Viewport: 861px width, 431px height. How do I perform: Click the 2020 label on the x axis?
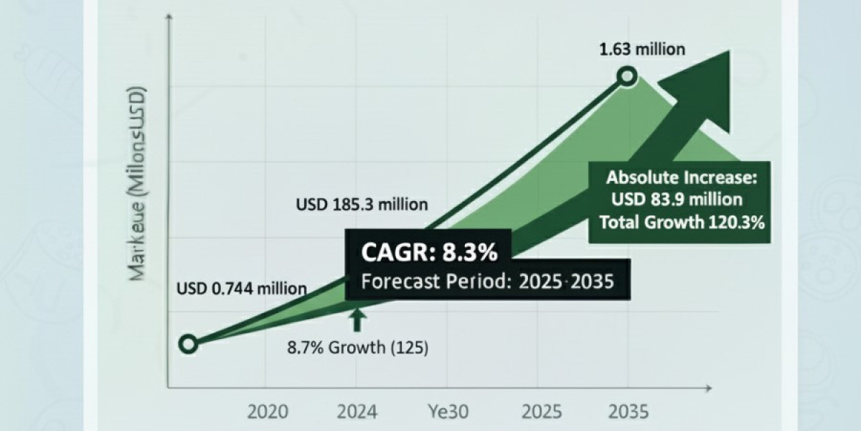point(268,412)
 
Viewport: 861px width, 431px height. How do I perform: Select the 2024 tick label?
point(357,412)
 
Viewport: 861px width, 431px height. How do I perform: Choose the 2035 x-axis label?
point(629,412)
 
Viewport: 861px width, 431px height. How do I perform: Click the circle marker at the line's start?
point(188,344)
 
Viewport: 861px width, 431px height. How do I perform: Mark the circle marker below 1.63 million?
point(628,77)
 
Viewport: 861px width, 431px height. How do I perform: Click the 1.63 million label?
point(643,50)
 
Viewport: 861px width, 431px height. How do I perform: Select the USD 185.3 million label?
point(362,205)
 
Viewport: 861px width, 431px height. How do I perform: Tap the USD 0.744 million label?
point(242,289)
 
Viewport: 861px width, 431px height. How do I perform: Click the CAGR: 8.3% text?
point(428,253)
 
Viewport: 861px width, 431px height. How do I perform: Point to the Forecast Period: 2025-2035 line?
point(487,281)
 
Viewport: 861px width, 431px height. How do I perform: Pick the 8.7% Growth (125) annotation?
point(357,349)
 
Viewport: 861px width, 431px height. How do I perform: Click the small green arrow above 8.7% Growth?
point(357,320)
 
